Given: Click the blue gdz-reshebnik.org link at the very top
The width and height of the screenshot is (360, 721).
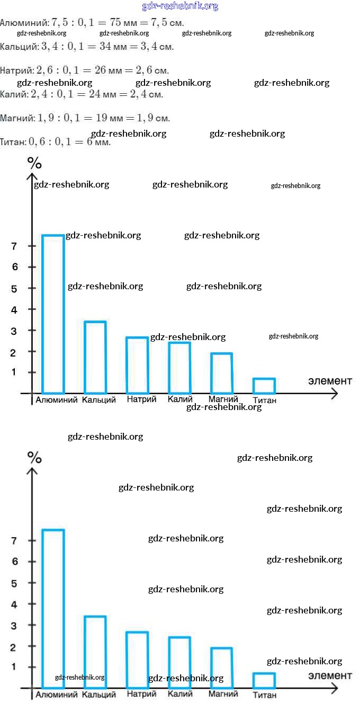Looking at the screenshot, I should coord(180,6).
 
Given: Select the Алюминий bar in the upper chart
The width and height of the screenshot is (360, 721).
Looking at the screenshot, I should coord(53,314).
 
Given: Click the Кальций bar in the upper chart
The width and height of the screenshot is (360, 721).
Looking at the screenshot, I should coord(95,357).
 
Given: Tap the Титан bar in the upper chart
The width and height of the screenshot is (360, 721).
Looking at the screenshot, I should coord(264,386).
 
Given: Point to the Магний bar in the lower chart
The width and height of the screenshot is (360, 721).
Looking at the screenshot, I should coord(221,667).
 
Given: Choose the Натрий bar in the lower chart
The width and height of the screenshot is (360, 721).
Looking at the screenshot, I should coord(137,660).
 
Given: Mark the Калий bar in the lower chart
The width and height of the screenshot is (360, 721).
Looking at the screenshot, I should coord(179,662).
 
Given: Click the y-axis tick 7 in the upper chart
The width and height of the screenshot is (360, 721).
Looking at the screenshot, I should coord(14,246).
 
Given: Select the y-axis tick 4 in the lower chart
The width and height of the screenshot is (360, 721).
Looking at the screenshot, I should coord(14,604).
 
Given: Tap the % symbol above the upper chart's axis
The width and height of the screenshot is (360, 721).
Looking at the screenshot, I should coord(34,163).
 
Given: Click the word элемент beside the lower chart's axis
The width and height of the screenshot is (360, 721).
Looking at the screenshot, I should coord(330,675).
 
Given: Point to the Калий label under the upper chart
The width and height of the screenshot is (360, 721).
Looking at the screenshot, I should coord(179,399).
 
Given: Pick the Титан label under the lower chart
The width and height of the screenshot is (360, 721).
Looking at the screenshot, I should coord(264,695).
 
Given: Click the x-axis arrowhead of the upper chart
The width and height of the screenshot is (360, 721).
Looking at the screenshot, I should coord(334,394).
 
